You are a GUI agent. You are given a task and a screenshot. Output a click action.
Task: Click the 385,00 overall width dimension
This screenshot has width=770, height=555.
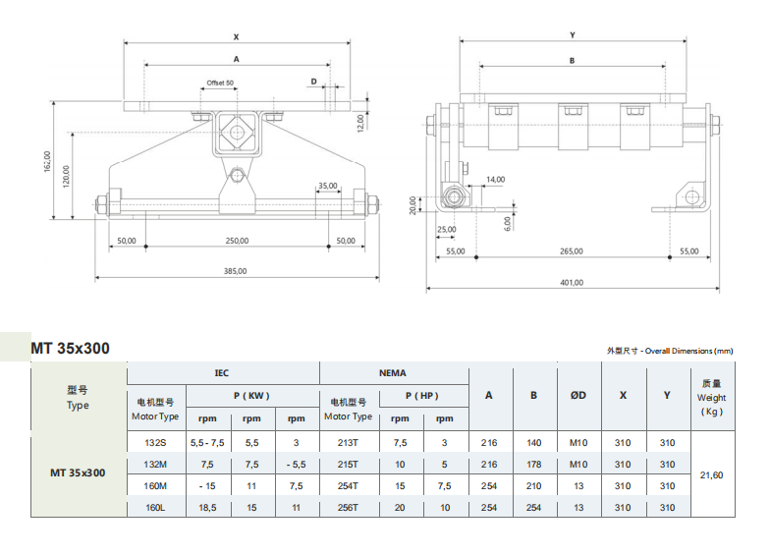point(235,271)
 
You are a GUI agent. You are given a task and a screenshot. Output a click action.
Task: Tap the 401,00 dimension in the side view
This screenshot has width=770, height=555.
point(572,282)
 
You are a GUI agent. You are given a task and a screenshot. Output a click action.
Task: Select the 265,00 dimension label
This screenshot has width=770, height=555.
point(572,250)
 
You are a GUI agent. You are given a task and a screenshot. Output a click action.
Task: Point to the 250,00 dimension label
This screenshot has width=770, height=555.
point(236,240)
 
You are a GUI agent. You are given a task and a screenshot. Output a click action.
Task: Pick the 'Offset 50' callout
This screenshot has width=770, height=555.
point(220,83)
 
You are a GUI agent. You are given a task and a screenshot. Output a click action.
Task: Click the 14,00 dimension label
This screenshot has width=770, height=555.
point(495,179)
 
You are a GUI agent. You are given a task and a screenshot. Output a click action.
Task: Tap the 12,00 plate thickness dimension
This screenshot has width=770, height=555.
point(360,121)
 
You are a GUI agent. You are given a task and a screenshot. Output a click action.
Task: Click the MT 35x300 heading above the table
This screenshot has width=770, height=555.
point(70,348)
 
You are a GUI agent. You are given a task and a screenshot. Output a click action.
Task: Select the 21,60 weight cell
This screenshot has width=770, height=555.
point(711,475)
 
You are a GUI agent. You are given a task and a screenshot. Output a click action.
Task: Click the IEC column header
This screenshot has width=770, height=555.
point(222,373)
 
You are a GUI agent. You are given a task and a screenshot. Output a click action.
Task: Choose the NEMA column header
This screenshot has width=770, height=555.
point(393,373)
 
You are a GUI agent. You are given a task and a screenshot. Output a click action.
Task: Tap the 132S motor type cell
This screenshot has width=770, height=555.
point(155,443)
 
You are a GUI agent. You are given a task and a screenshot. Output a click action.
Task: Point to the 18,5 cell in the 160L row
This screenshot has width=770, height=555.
point(207,508)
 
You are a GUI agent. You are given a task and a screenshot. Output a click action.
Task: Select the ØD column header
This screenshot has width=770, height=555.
point(578,395)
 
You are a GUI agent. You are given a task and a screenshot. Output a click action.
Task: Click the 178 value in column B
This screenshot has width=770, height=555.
point(533,465)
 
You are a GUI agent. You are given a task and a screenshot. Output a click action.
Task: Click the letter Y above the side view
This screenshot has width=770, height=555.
point(572,35)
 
